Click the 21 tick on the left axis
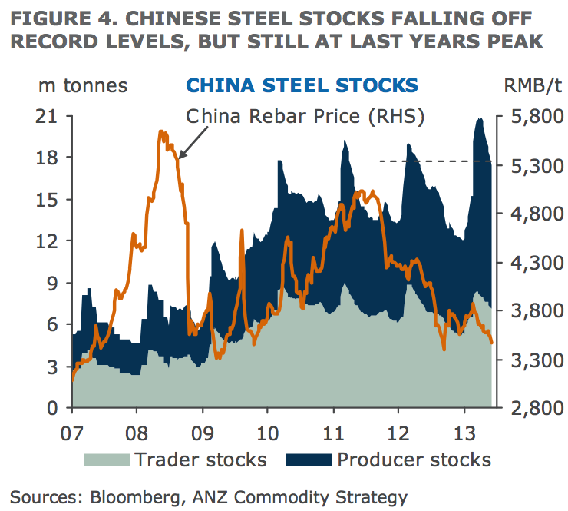pyautogui.click(x=48, y=117)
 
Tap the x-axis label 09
pyautogui.click(x=203, y=428)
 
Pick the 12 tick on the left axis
pyautogui.click(x=48, y=241)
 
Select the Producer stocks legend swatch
pyautogui.click(x=309, y=460)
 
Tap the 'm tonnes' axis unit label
pyautogui.click(x=82, y=85)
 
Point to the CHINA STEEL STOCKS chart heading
pyautogui.click(x=302, y=85)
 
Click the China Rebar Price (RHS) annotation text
pyautogui.click(x=305, y=116)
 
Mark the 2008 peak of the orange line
pyautogui.click(x=162, y=132)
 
